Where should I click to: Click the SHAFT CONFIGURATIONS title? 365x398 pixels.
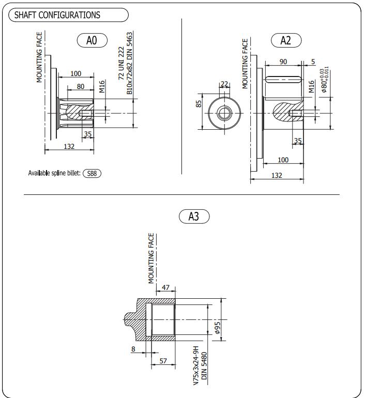coord(57,15)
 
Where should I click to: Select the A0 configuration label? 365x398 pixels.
coord(92,40)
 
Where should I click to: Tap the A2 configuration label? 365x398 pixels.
coord(286,40)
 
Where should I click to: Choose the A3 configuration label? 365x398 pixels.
coord(194,217)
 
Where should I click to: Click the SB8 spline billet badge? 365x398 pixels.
coord(92,173)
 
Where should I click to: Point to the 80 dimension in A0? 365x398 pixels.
coord(81,86)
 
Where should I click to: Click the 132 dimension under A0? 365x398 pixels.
coord(69,146)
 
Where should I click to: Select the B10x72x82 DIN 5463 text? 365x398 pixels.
coord(129,63)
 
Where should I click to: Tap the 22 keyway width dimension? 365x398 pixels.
coord(224,84)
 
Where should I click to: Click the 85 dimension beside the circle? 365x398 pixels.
coord(199,104)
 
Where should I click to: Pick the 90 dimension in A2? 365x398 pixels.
coord(283,62)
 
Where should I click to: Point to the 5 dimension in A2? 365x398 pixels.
coord(313,62)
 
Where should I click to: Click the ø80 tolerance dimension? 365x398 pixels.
coord(325,80)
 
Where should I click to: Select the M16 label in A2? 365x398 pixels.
coord(311,86)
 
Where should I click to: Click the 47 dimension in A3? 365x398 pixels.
coord(165,287)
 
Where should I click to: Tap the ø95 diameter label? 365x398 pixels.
coord(218,328)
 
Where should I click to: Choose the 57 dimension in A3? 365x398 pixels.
coord(163,361)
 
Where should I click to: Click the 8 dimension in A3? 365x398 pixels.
coord(133,349)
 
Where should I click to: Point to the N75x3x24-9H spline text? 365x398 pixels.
coord(195,365)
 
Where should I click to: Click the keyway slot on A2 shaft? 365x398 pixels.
coord(283,80)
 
